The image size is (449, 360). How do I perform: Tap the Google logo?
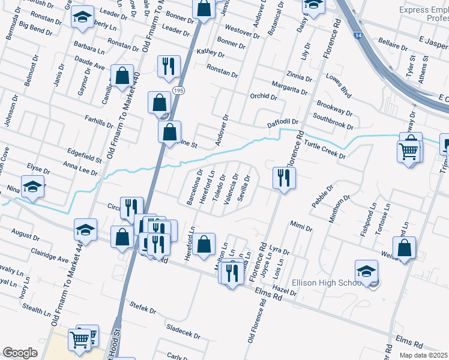tap(20, 352)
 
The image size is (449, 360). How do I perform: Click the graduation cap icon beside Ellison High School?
tap(366, 270)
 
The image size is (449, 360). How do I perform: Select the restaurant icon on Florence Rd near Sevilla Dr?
tap(282, 178)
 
